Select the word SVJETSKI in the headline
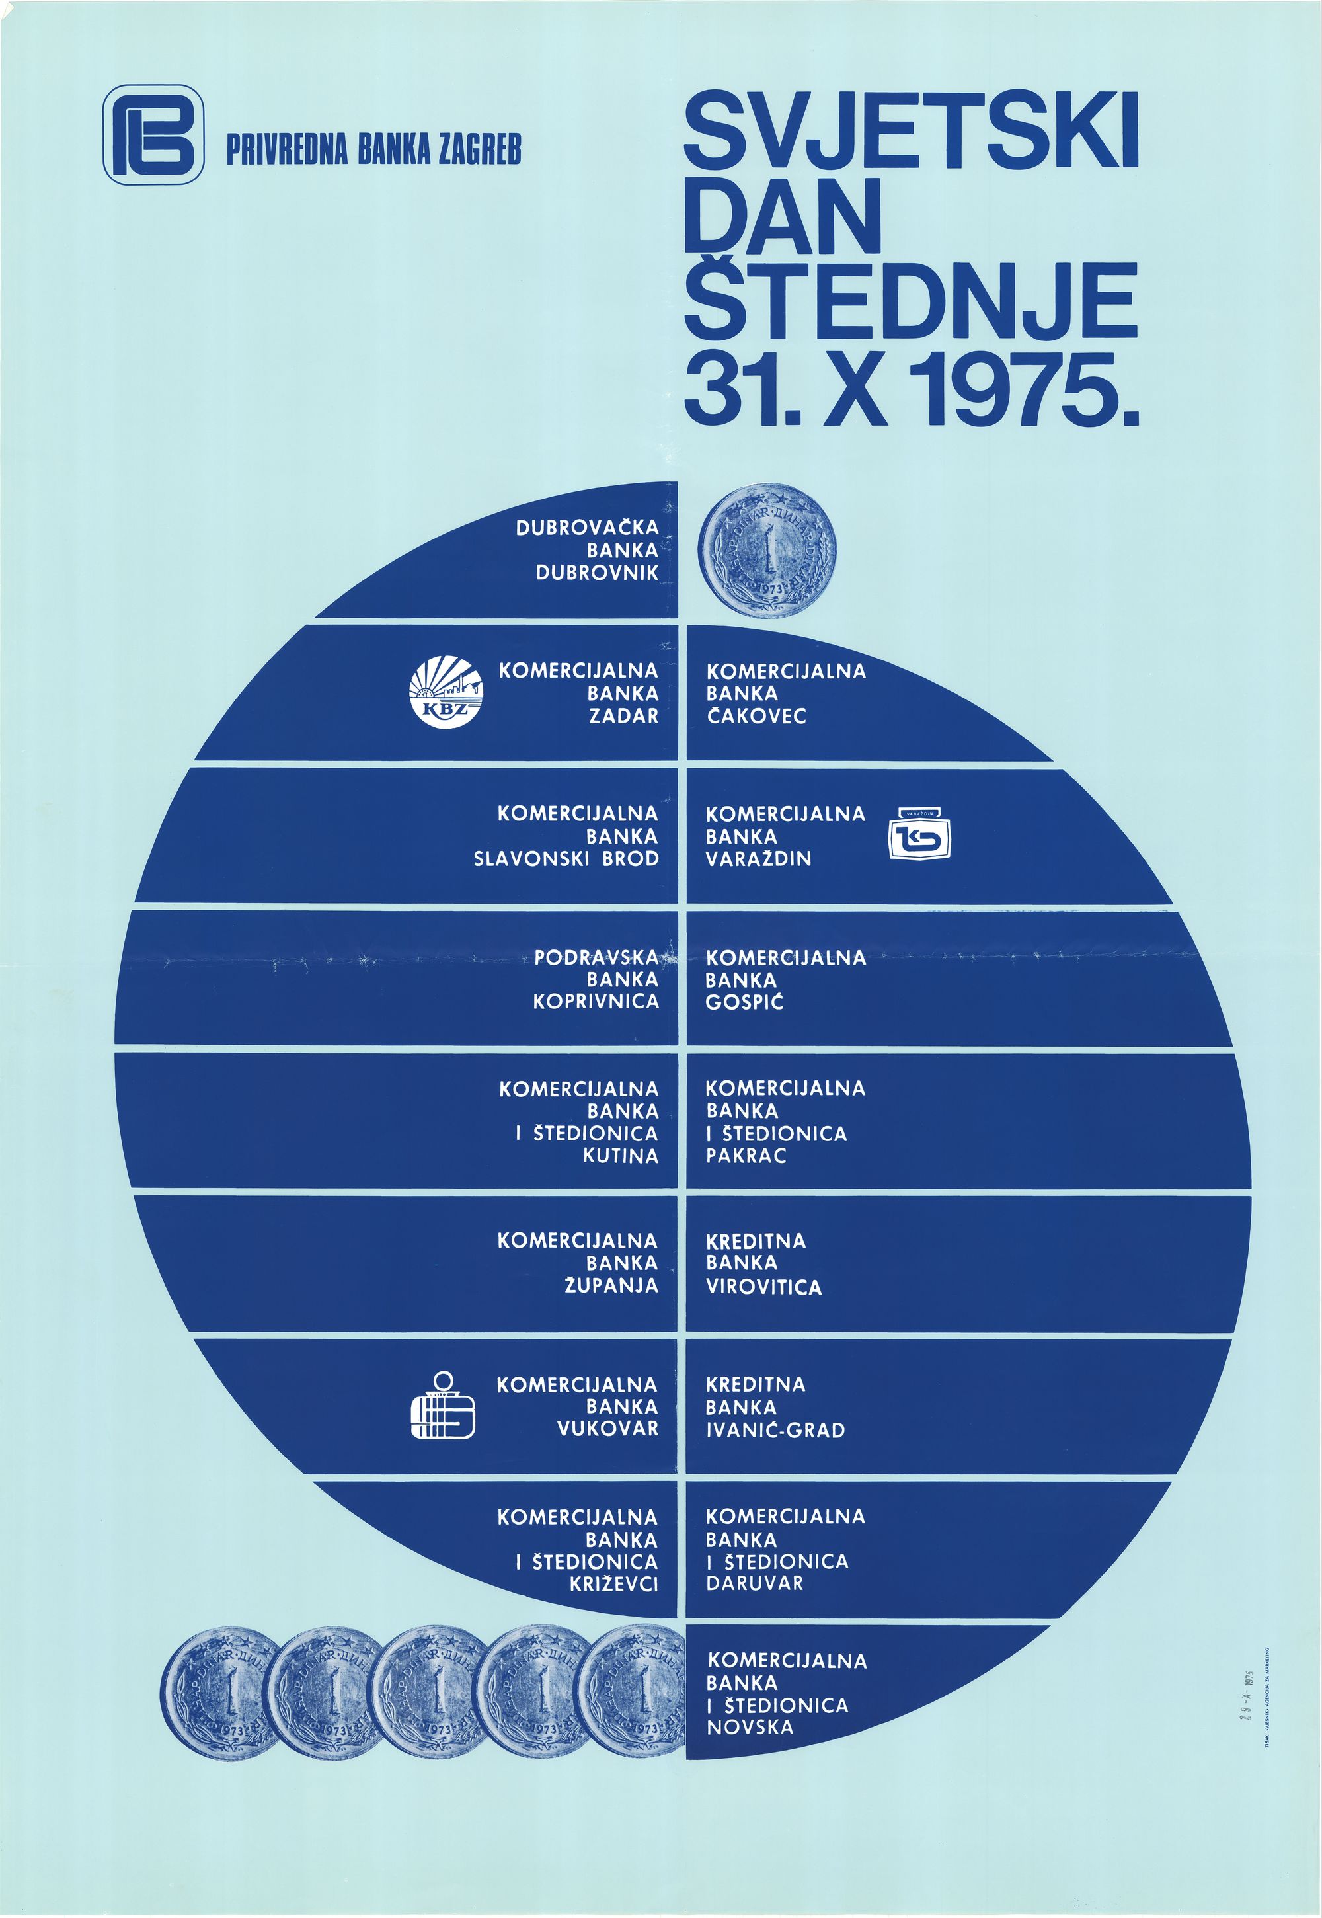point(911,133)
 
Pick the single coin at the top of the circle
point(767,551)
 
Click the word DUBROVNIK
point(598,573)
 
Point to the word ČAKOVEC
point(756,716)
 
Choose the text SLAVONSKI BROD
point(566,858)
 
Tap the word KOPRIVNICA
point(596,1001)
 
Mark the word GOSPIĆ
point(744,1002)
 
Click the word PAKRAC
point(746,1156)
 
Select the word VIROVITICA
point(763,1287)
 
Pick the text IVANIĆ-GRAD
point(775,1430)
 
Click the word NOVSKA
point(750,1728)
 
